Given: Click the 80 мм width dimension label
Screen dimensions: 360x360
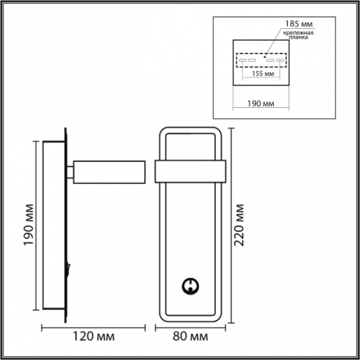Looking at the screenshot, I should (x=191, y=338).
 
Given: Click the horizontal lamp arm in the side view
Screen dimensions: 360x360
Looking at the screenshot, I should (x=110, y=170).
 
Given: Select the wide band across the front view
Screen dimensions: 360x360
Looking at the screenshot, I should (x=191, y=171).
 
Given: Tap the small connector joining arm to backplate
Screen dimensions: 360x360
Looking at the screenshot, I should (x=70, y=170).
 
